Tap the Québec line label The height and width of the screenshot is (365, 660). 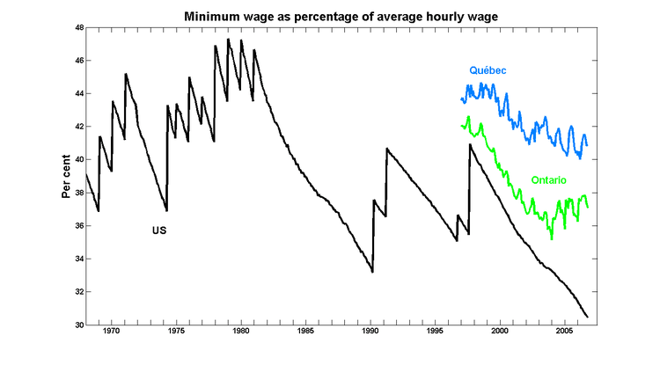[486, 70]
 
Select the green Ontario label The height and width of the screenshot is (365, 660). [548, 180]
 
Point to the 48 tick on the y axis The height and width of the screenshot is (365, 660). [78, 28]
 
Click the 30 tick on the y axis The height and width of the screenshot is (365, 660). [78, 325]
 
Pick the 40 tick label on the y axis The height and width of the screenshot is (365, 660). [78, 160]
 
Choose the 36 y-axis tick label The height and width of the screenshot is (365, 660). [78, 226]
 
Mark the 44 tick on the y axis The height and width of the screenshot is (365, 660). [78, 94]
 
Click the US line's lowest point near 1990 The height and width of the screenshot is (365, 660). [372, 272]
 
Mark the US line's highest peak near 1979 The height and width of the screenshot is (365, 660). [228, 39]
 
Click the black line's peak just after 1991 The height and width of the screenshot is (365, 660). [387, 149]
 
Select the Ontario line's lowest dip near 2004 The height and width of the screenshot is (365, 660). [551, 238]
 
